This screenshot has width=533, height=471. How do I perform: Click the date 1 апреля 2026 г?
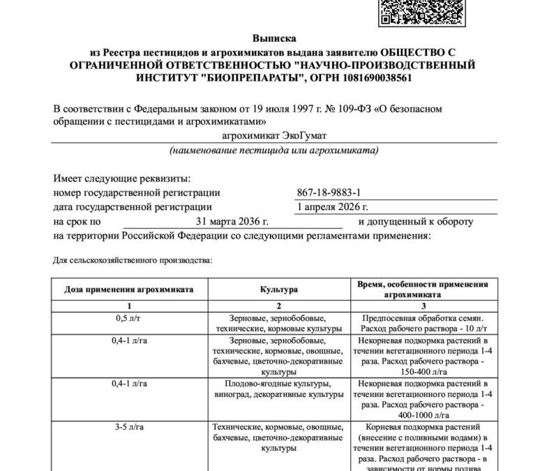(332, 207)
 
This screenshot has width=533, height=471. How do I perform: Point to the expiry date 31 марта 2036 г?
(232, 222)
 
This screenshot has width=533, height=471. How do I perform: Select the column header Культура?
(278, 289)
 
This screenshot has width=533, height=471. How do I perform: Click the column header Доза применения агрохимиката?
(129, 289)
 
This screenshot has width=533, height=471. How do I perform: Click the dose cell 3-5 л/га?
(129, 426)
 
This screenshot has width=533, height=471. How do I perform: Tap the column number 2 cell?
(278, 306)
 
